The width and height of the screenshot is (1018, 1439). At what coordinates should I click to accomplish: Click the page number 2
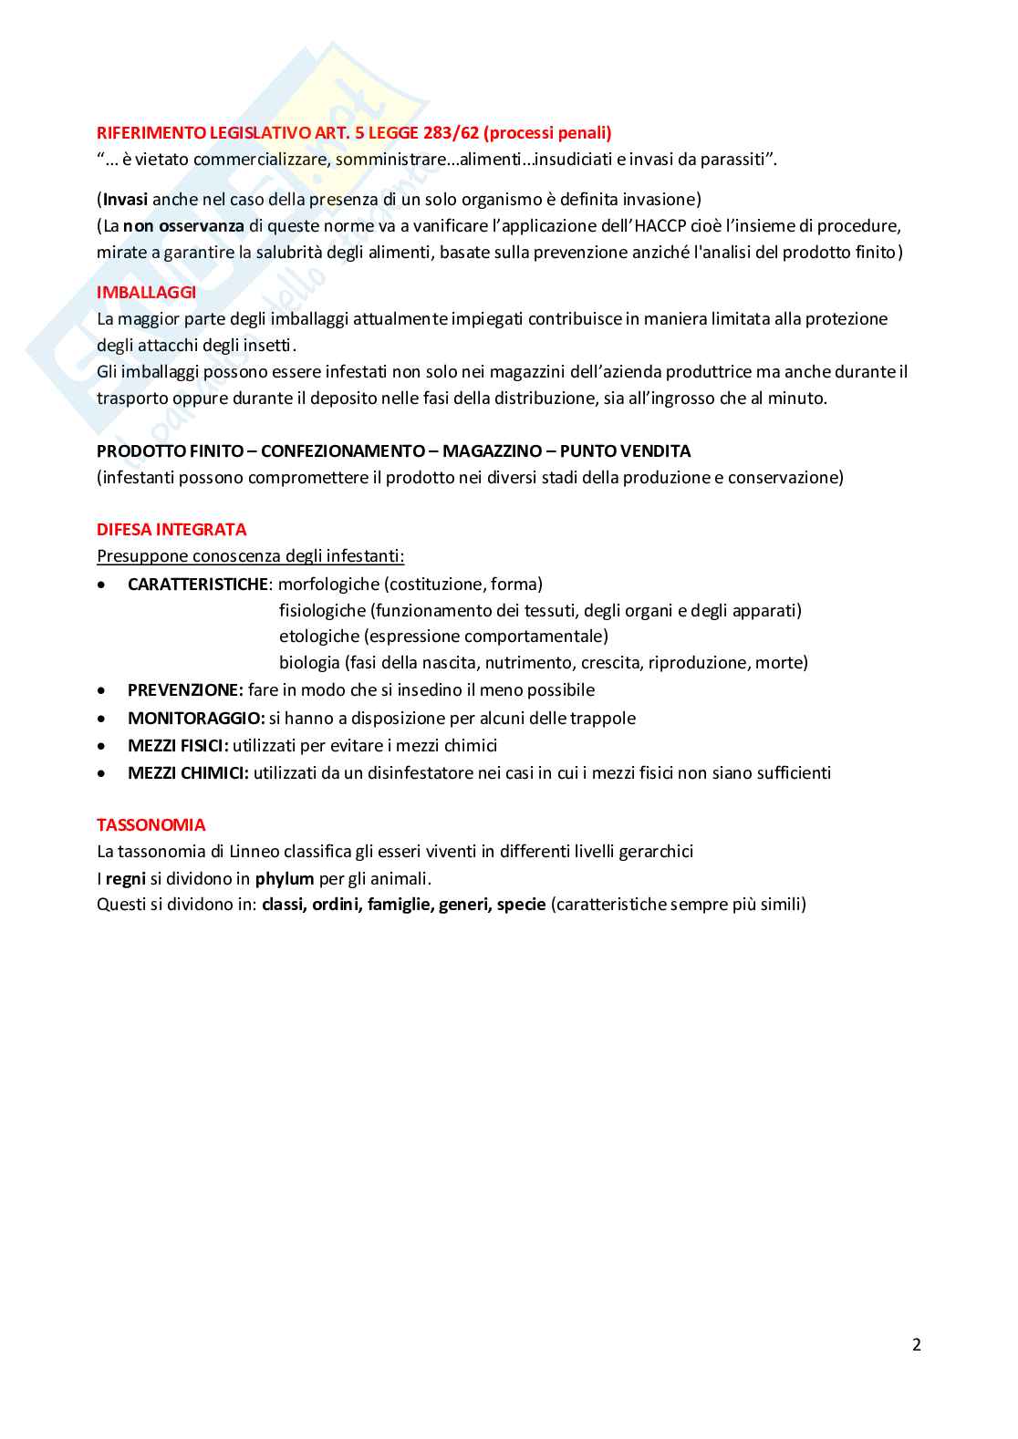pyautogui.click(x=916, y=1344)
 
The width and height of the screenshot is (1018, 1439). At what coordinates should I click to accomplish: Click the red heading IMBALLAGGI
pyautogui.click(x=146, y=293)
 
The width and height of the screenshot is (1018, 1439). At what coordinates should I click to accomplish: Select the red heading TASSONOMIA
pyautogui.click(x=151, y=825)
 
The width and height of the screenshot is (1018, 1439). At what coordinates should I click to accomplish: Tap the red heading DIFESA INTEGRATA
pyautogui.click(x=171, y=530)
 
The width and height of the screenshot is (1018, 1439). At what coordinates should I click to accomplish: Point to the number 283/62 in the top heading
pyautogui.click(x=451, y=133)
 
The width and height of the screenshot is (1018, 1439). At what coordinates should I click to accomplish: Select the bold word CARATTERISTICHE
pyautogui.click(x=197, y=585)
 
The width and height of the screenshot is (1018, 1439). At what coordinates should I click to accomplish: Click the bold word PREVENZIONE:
pyautogui.click(x=185, y=690)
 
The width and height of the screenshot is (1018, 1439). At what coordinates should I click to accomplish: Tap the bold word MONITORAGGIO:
pyautogui.click(x=196, y=719)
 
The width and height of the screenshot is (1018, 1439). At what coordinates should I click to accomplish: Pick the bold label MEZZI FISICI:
pyautogui.click(x=178, y=746)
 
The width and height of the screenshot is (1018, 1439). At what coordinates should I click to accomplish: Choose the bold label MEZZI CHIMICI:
pyautogui.click(x=188, y=773)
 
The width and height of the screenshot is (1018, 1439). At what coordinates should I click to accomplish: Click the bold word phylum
pyautogui.click(x=285, y=879)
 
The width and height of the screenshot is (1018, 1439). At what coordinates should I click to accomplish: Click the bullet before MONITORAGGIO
pyautogui.click(x=102, y=719)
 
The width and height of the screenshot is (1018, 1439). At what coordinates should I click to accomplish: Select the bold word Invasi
pyautogui.click(x=125, y=200)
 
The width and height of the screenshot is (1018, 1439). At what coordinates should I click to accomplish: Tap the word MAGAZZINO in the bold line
pyautogui.click(x=492, y=451)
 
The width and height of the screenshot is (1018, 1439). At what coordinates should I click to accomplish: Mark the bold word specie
pyautogui.click(x=521, y=905)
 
